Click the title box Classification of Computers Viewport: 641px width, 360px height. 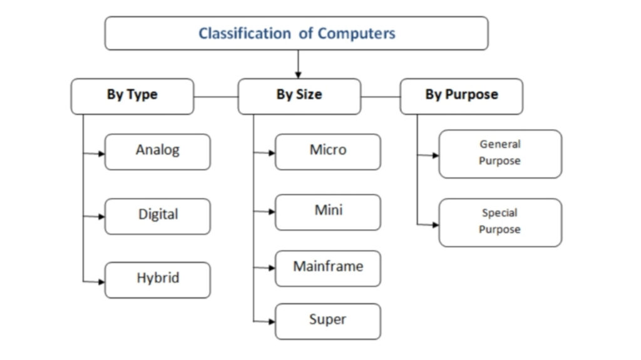[x=296, y=33]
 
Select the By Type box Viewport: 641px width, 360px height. [x=132, y=96]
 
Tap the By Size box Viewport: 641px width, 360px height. [x=299, y=96]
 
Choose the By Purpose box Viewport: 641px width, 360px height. [x=461, y=96]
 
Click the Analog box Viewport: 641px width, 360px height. [x=157, y=152]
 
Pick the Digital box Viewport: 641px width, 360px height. [x=157, y=216]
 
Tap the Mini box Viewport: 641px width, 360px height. [x=327, y=212]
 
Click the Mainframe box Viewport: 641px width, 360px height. [x=327, y=267]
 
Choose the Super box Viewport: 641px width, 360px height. [x=327, y=321]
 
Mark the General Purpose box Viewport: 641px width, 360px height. [x=500, y=153]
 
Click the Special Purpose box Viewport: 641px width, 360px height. [x=500, y=222]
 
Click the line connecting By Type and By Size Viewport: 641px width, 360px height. [x=216, y=97]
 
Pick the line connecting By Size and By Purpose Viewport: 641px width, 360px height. [x=381, y=97]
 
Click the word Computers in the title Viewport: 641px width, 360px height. [x=356, y=33]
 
